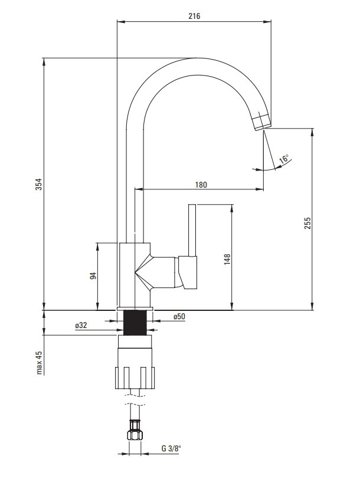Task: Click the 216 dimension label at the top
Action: tap(194, 16)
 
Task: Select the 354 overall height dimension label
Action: tap(38, 185)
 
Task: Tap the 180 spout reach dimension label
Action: tap(201, 185)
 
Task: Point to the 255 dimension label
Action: tap(307, 223)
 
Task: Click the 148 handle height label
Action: tap(227, 260)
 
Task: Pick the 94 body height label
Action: tap(93, 276)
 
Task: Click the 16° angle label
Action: tap(284, 159)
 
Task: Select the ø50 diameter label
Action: tap(179, 316)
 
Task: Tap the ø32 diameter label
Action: tap(81, 326)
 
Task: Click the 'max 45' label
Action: tap(39, 362)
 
